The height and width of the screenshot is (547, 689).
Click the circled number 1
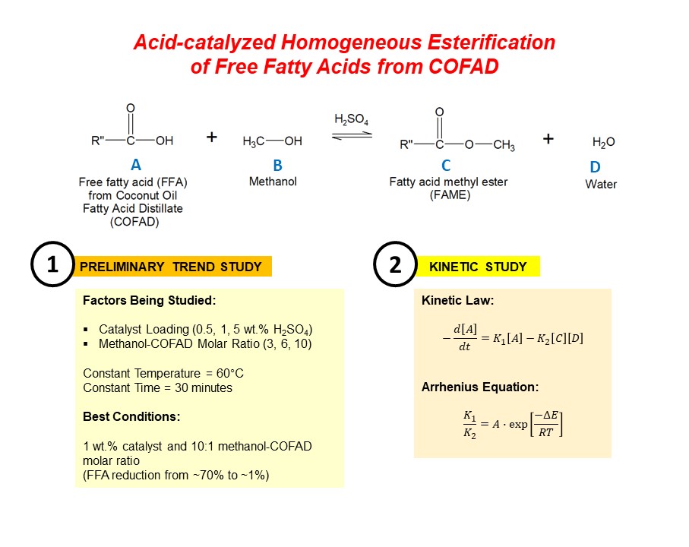tap(52, 264)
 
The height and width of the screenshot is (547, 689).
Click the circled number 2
tap(395, 264)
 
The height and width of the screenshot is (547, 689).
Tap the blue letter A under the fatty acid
tap(136, 165)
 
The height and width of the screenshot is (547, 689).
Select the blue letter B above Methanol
tap(277, 165)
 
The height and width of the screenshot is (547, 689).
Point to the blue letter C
tap(446, 165)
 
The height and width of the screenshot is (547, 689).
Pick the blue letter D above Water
tap(595, 167)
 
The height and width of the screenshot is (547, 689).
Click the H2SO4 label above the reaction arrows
tap(351, 119)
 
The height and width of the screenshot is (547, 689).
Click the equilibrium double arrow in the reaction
tap(352, 136)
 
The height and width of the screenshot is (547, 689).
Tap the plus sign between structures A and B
tap(212, 137)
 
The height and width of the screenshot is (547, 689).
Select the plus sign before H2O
tap(548, 139)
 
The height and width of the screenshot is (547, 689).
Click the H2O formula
tap(604, 142)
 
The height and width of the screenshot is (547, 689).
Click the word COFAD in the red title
tap(463, 66)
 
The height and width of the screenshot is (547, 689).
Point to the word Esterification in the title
tap(491, 43)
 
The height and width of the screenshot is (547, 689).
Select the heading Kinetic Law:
tap(457, 301)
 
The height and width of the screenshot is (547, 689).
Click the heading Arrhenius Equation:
tap(480, 387)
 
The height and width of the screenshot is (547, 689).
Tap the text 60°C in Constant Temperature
tap(230, 374)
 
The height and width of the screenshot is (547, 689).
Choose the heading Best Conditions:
tap(131, 416)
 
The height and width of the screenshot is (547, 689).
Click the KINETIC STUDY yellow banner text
tap(478, 267)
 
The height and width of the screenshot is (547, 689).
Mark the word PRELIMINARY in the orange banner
tap(122, 267)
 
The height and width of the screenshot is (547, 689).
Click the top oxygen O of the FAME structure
tap(439, 112)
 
